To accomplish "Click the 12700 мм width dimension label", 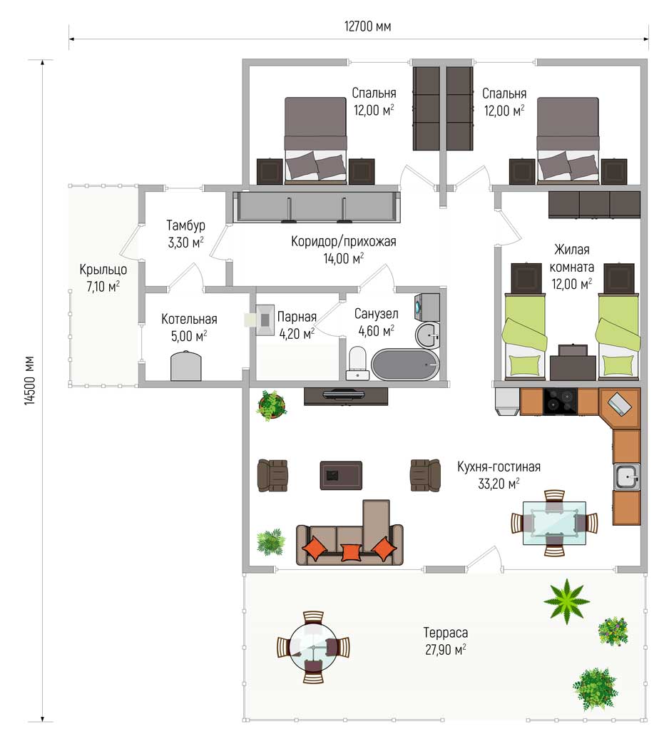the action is (x=367, y=26).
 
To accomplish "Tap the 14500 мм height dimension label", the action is (x=29, y=380).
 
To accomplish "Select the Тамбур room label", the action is (x=185, y=225).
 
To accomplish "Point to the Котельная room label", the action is (x=189, y=319).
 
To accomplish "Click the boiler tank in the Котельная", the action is (x=185, y=366).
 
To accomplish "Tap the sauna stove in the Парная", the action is (x=265, y=320).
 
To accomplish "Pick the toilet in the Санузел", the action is (x=357, y=363).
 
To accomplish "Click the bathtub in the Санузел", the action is (x=405, y=365).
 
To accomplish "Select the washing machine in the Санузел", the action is (x=427, y=306).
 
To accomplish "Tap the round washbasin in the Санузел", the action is (x=427, y=335).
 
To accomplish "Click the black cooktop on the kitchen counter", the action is (x=560, y=402).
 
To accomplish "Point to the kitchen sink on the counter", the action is (x=626, y=477).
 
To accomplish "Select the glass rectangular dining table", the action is (x=554, y=523).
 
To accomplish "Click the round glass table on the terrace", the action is (x=313, y=647).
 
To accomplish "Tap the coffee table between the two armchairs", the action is (x=341, y=475).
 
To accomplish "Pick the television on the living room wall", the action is (x=346, y=395).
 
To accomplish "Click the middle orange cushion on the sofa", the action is (x=350, y=552).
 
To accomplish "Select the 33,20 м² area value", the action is (x=499, y=484).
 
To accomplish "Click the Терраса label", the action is (x=445, y=632).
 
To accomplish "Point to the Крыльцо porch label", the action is (x=103, y=270).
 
